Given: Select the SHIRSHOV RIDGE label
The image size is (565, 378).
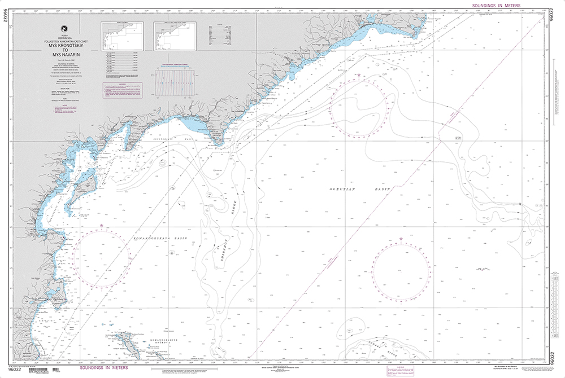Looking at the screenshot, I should tap(226, 237).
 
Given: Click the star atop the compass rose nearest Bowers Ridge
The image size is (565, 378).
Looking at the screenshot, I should tap(401, 239).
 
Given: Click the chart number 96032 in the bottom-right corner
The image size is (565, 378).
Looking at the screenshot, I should tap(552, 358).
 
